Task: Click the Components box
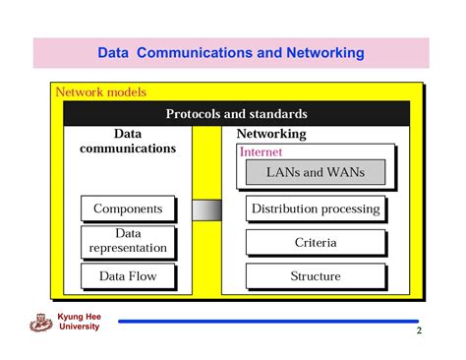click(x=128, y=209)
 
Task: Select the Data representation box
click(x=128, y=241)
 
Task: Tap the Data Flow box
click(x=128, y=276)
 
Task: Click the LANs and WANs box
click(x=315, y=172)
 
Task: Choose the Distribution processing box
click(x=315, y=209)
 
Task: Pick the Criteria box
click(x=315, y=242)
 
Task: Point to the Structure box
click(x=315, y=276)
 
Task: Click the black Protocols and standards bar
click(x=236, y=114)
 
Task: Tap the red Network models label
click(x=100, y=92)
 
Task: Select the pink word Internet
click(x=261, y=152)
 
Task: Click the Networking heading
click(x=272, y=134)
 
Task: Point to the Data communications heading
click(x=128, y=141)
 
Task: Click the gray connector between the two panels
click(x=206, y=210)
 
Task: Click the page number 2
click(x=419, y=331)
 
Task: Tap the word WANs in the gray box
click(x=345, y=172)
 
